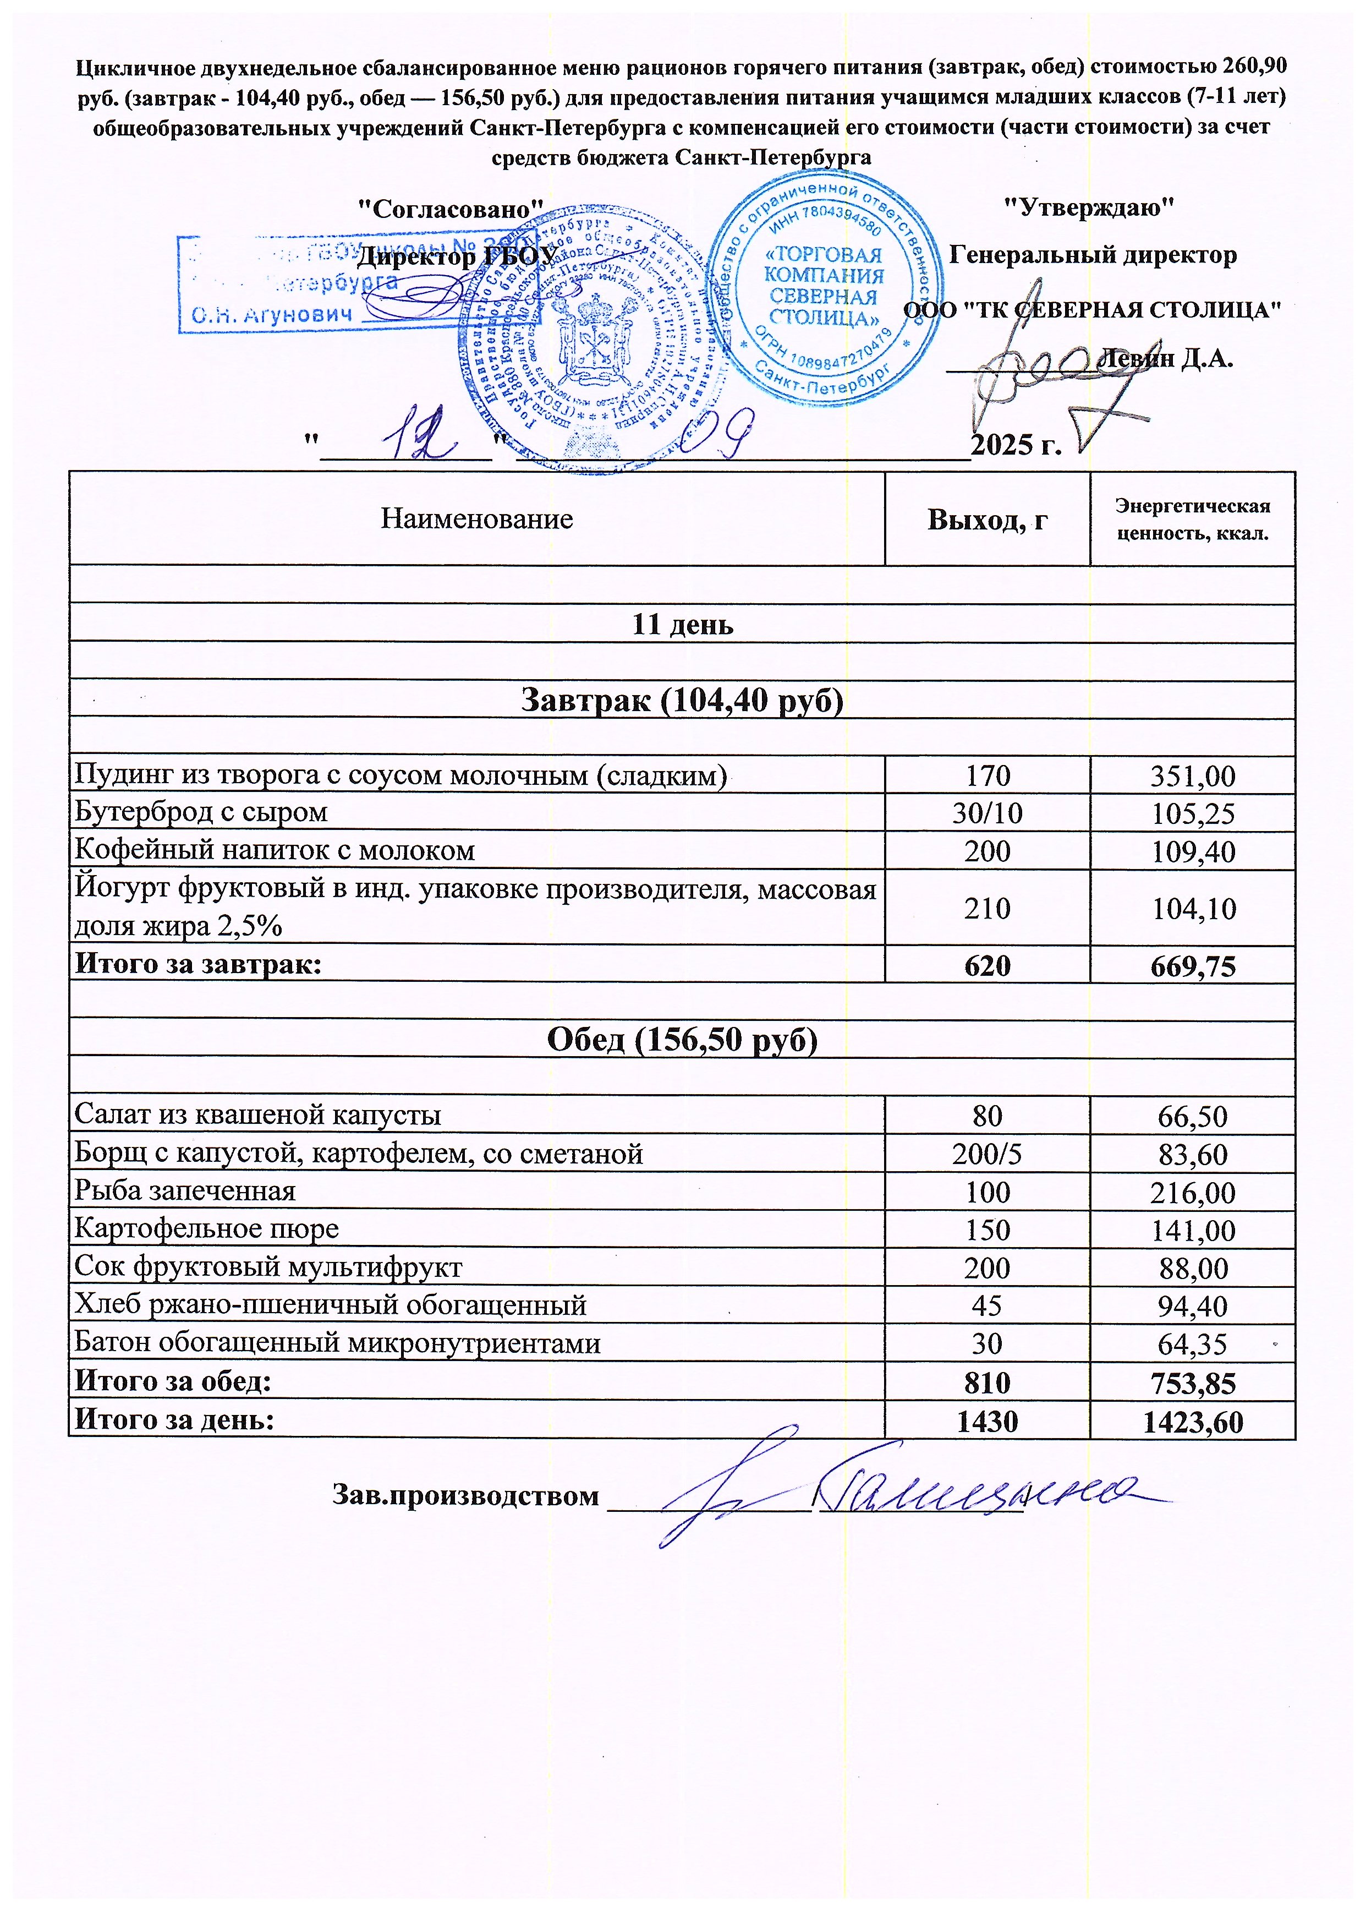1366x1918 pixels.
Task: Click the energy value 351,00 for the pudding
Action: [1192, 775]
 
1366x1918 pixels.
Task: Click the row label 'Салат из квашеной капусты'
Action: [257, 1116]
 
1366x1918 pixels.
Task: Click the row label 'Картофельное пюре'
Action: [206, 1229]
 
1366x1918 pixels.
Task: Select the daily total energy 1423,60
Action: [1192, 1422]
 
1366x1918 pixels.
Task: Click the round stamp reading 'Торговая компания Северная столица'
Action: [824, 287]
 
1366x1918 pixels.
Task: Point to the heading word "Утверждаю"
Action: [1090, 207]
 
